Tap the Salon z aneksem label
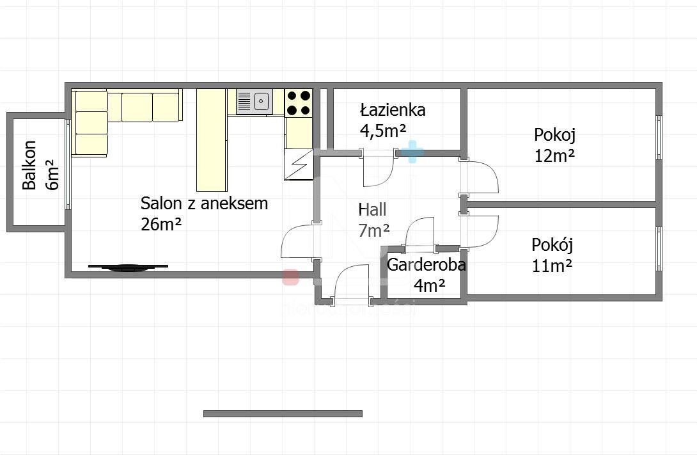204,213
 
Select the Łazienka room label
392,120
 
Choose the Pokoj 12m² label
554,145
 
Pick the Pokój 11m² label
552,255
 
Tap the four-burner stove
299,102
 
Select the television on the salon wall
128,267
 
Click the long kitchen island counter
211,140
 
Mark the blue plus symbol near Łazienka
412,152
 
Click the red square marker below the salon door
290,276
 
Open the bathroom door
379,168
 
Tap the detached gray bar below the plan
283,413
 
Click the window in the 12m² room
659,138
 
